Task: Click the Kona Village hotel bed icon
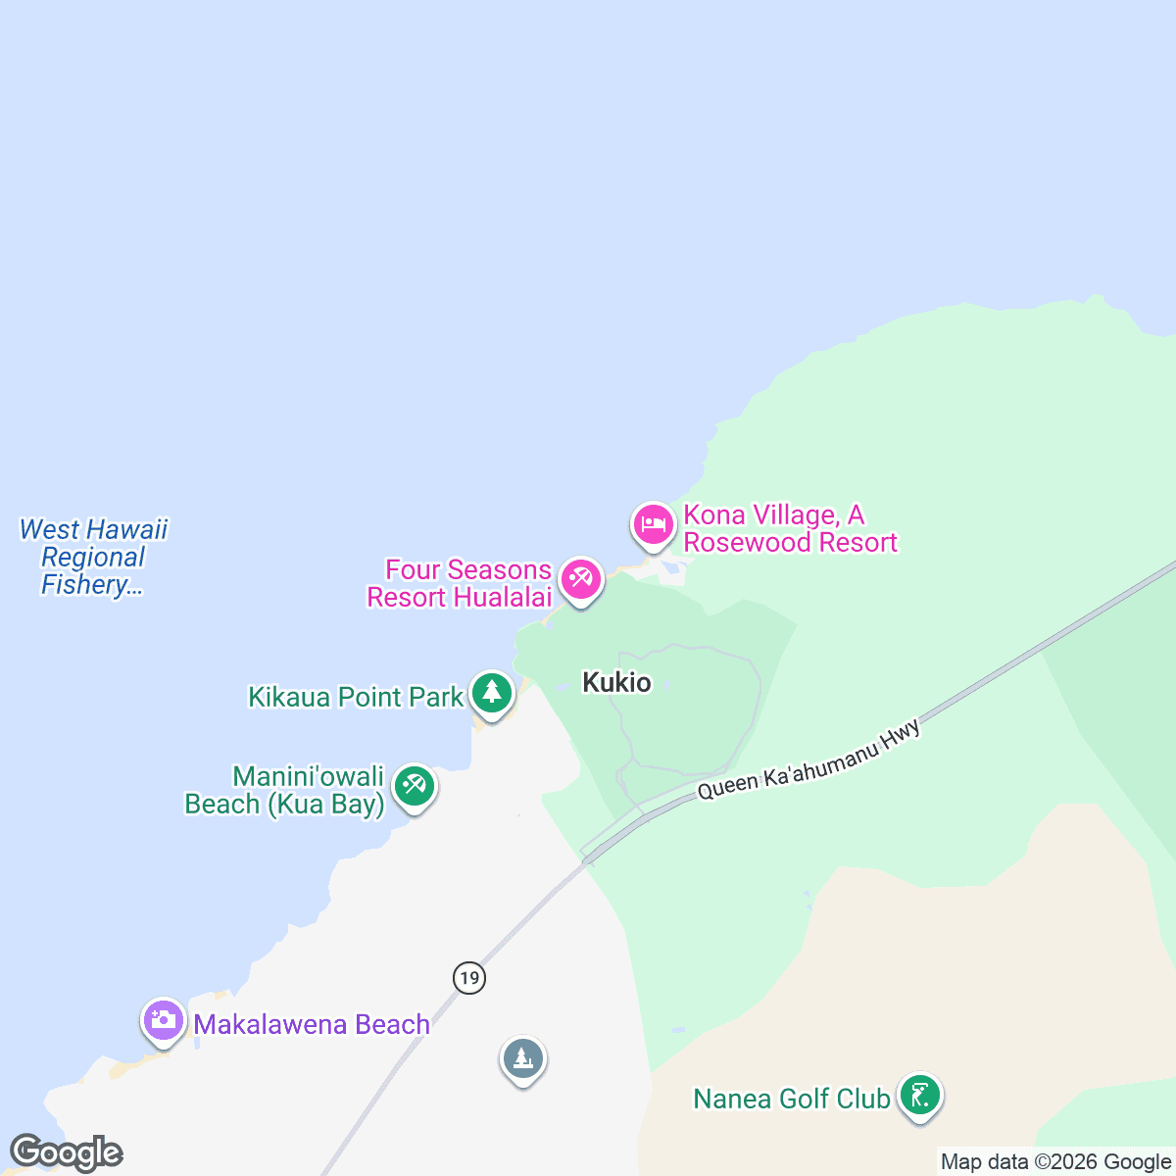(653, 524)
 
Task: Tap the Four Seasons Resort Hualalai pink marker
(580, 579)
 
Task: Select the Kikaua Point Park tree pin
(492, 693)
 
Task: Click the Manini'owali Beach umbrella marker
(415, 786)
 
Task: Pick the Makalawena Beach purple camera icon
(164, 1020)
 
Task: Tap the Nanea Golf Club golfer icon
(919, 1095)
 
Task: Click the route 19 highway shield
(469, 977)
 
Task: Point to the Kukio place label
(616, 682)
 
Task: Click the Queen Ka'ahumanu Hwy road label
(809, 759)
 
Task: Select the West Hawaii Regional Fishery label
(93, 557)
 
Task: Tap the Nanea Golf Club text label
(791, 1099)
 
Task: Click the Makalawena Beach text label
(312, 1024)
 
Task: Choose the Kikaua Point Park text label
(355, 697)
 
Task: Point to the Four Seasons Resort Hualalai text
(459, 583)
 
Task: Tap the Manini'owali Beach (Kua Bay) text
(285, 790)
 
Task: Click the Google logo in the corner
(66, 1152)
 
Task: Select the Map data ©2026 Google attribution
(1054, 1162)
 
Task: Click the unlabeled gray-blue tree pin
(523, 1059)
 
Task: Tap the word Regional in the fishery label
(93, 557)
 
